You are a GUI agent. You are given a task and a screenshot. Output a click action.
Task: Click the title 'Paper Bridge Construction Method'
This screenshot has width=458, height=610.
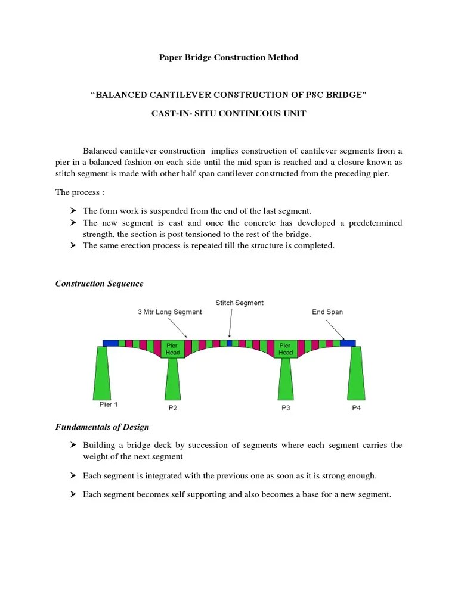(x=228, y=57)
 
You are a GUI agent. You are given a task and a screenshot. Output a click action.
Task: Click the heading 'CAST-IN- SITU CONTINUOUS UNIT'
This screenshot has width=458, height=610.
(x=229, y=113)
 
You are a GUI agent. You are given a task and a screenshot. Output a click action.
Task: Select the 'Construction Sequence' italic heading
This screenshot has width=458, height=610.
(x=100, y=284)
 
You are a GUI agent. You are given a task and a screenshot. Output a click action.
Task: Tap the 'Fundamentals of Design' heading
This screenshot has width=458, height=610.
(x=103, y=427)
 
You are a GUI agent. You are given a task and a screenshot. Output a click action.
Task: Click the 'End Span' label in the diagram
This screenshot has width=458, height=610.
(x=327, y=312)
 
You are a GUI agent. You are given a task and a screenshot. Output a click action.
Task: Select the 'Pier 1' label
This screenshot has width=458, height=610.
(x=109, y=404)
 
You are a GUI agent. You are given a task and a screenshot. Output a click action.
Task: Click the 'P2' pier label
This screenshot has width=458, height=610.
(x=172, y=408)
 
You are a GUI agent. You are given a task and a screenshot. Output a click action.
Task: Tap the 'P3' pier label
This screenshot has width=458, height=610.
(x=286, y=408)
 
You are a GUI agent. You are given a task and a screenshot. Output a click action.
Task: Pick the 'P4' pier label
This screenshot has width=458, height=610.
(x=356, y=408)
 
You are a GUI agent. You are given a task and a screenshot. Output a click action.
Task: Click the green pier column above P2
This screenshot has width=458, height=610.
(x=172, y=379)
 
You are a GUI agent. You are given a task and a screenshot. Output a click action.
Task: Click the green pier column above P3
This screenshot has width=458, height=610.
(x=286, y=379)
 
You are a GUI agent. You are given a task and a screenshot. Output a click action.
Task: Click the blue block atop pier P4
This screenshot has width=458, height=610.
(x=349, y=343)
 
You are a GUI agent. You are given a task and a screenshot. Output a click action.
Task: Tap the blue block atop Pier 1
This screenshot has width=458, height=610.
(x=110, y=343)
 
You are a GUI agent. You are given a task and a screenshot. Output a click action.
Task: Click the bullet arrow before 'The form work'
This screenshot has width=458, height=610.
(x=73, y=211)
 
